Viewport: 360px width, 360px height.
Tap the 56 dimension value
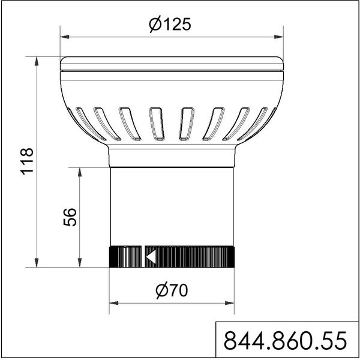(70, 217)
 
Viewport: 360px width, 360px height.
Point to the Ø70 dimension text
(170, 291)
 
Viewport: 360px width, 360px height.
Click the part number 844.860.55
(285, 341)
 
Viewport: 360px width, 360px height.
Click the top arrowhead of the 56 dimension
(80, 171)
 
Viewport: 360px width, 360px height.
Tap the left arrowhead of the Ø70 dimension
(113, 304)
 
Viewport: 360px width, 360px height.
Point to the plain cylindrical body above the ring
(171, 207)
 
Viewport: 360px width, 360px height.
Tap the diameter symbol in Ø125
(154, 25)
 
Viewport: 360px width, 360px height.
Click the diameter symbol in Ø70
(160, 291)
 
